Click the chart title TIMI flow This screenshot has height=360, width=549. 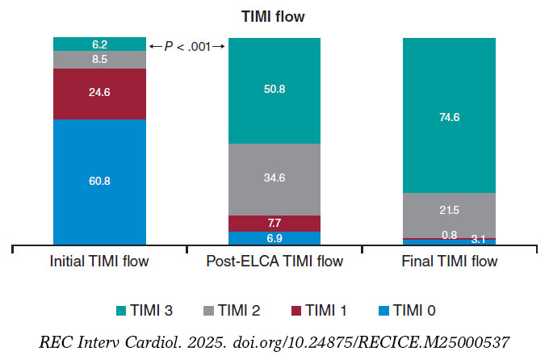tap(274, 15)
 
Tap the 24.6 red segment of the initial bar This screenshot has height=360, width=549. tap(99, 93)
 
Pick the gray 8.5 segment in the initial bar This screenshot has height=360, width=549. tap(99, 59)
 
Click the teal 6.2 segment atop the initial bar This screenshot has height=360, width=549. tap(99, 44)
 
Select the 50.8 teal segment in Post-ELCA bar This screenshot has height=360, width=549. tap(274, 90)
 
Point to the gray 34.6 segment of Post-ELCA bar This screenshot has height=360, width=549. tap(274, 179)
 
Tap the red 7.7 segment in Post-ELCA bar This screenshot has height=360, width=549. tap(274, 223)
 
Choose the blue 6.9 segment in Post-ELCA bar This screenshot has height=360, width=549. tap(274, 237)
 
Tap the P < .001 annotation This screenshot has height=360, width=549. tap(186, 47)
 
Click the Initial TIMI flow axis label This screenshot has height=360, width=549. tap(99, 262)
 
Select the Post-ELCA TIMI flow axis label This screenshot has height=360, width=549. tap(274, 262)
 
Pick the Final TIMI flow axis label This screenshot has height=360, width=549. tap(449, 262)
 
